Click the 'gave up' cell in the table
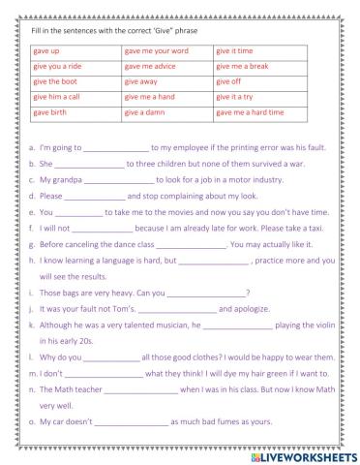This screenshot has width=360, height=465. pos(47,49)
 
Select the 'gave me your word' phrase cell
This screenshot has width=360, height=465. pos(154,49)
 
